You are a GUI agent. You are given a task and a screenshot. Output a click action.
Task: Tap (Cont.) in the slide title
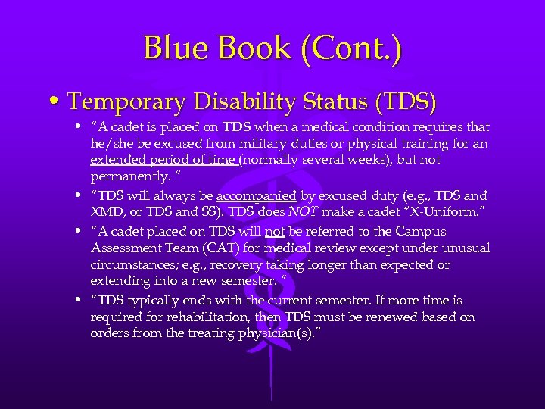(352, 48)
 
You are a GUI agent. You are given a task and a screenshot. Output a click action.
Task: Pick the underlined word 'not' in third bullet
(274, 231)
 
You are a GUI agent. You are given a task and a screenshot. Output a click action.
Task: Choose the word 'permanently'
(126, 177)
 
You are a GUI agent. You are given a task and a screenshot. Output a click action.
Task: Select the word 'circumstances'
(132, 265)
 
